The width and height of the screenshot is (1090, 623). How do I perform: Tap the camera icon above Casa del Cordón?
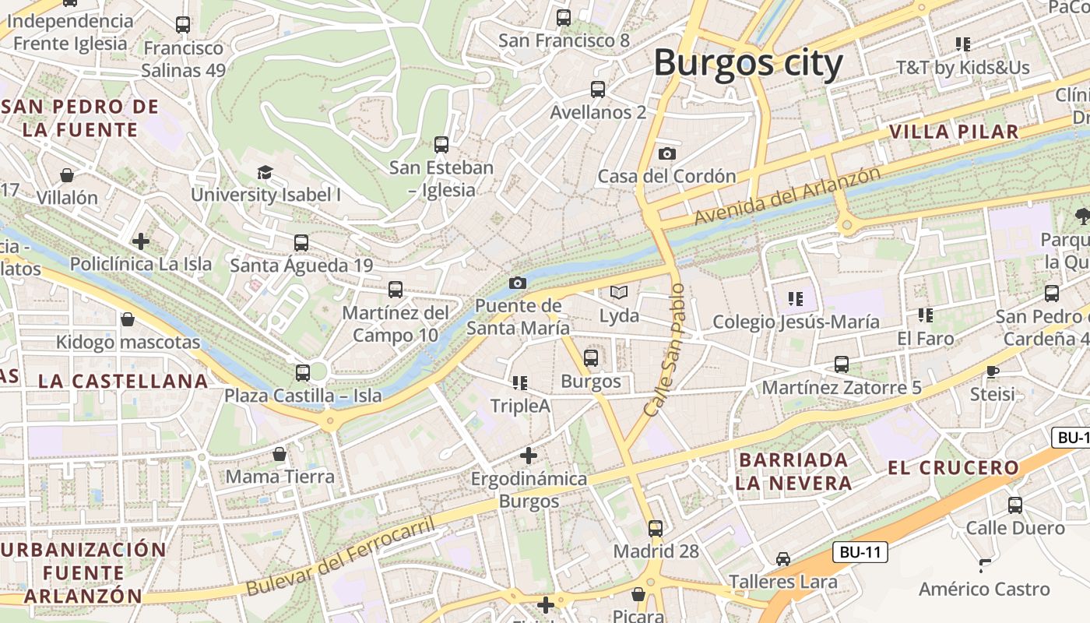pyautogui.click(x=667, y=153)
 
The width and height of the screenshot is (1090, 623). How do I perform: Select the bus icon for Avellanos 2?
pyautogui.click(x=598, y=90)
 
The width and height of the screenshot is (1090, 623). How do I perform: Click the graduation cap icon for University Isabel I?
pyautogui.click(x=265, y=172)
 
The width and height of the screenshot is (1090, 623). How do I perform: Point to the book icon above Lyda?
pyautogui.click(x=619, y=292)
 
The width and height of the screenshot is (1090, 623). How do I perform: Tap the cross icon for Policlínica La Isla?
pyautogui.click(x=141, y=241)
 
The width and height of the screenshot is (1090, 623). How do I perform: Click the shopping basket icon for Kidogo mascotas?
pyautogui.click(x=128, y=319)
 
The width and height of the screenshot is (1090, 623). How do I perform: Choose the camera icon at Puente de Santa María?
pyautogui.click(x=518, y=283)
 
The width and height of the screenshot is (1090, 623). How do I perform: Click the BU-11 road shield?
pyautogui.click(x=860, y=553)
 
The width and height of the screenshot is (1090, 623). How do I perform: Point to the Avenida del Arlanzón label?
pyautogui.click(x=787, y=197)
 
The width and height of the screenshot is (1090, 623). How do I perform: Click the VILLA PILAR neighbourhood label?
pyautogui.click(x=954, y=132)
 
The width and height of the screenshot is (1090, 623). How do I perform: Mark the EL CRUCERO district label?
pyautogui.click(x=954, y=468)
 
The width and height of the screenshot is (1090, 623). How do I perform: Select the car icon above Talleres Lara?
pyautogui.click(x=783, y=559)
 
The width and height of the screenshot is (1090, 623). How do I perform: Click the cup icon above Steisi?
pyautogui.click(x=992, y=371)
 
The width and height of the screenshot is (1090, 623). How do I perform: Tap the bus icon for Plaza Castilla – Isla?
pyautogui.click(x=303, y=373)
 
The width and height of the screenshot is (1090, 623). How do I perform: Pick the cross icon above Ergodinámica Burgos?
pyautogui.click(x=529, y=455)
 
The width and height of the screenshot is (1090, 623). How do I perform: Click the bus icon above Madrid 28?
pyautogui.click(x=656, y=529)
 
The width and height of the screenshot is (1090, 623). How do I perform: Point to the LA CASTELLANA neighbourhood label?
pyautogui.click(x=123, y=382)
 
